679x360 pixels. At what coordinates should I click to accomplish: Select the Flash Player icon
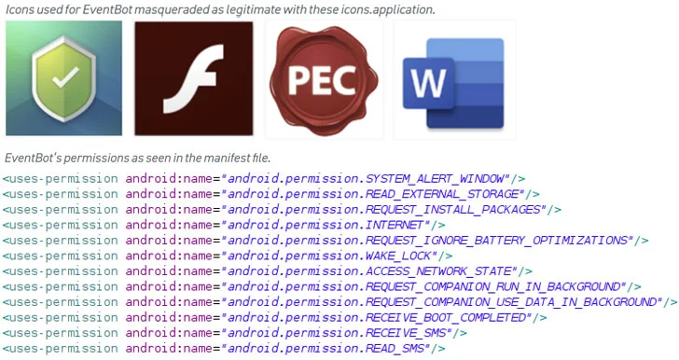pyautogui.click(x=194, y=80)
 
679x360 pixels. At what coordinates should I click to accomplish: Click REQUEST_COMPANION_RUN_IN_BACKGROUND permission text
pyautogui.click(x=493, y=286)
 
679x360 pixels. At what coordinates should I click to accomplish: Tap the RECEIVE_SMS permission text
pyautogui.click(x=405, y=333)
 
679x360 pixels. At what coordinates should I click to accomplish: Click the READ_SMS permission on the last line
pyautogui.click(x=395, y=348)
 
